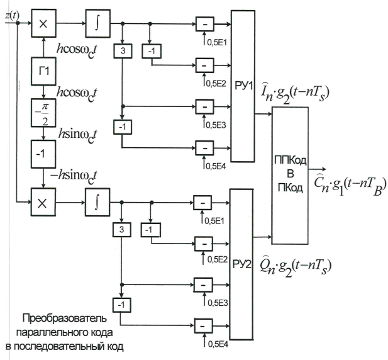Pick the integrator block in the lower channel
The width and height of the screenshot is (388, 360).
click(97, 201)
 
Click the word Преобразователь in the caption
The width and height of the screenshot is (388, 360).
click(58, 317)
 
